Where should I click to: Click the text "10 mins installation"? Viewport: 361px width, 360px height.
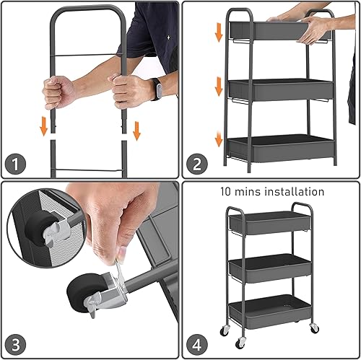click(x=272, y=192)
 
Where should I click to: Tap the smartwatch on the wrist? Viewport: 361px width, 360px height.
click(x=155, y=89)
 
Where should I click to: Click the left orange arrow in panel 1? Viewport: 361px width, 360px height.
click(x=44, y=126)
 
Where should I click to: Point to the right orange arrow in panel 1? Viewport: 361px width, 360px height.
click(x=136, y=130)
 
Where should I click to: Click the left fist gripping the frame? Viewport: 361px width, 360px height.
click(x=58, y=92)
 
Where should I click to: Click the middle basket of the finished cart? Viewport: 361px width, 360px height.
click(x=271, y=268)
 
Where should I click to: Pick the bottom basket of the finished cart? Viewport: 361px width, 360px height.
click(x=271, y=310)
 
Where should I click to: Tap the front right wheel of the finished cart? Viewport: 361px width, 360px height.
click(x=313, y=328)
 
